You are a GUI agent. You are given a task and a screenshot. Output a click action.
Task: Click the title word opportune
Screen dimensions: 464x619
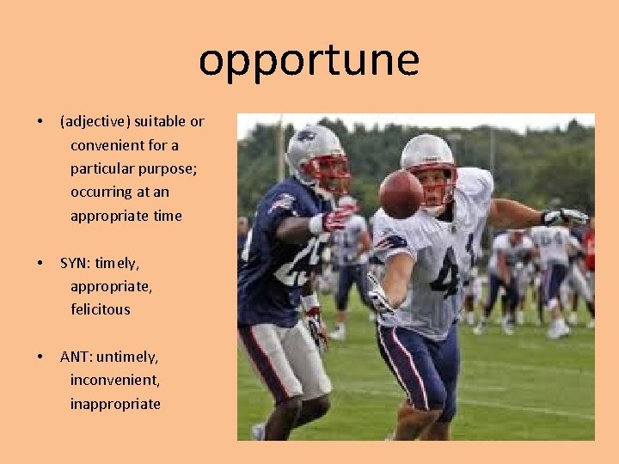click(309, 61)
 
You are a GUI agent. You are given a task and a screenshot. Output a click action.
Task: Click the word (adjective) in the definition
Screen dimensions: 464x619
click(93, 122)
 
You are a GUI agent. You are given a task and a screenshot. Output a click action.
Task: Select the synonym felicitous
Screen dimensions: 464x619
click(101, 309)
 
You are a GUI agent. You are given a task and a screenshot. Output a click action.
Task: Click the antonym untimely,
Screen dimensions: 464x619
click(129, 357)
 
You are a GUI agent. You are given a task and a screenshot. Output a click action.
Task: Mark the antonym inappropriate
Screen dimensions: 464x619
click(115, 404)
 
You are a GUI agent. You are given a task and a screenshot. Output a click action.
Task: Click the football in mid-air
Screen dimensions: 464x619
click(401, 193)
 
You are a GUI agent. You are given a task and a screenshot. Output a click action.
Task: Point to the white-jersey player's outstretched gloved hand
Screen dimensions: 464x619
click(567, 217)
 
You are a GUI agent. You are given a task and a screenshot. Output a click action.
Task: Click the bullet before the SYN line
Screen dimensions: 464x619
click(40, 263)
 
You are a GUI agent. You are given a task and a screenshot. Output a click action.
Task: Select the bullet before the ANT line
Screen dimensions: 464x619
click(40, 357)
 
